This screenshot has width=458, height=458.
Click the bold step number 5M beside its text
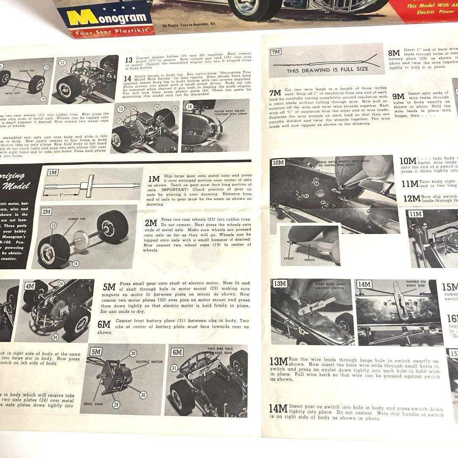109,287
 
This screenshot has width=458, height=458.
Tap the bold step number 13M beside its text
279,361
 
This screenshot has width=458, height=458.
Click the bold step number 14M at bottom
279,409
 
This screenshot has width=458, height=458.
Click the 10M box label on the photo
279,163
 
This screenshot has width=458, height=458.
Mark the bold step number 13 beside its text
129,60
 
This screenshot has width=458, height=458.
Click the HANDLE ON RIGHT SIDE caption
416,284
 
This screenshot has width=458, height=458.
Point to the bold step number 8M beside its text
394,54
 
